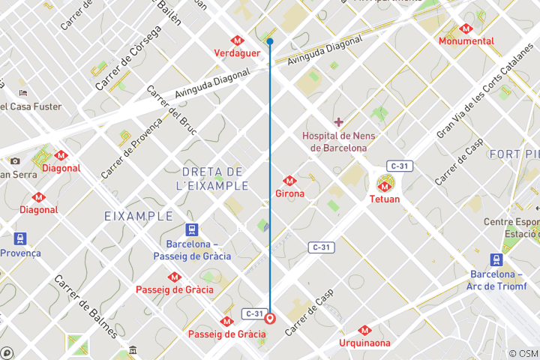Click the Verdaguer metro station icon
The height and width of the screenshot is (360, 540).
click(237, 40)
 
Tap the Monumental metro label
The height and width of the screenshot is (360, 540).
click(466, 41)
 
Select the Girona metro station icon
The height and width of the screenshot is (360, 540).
click(289, 181)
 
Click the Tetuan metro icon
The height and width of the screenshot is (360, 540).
click(385, 184)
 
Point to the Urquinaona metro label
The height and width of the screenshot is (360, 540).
click(364, 343)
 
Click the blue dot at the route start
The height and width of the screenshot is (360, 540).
click(270, 41)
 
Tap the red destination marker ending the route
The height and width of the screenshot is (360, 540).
click(270, 318)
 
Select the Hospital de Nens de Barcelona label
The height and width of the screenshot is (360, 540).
click(339, 142)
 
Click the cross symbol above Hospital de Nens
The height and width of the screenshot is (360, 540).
click(339, 121)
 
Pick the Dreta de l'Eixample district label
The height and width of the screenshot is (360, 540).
click(211, 178)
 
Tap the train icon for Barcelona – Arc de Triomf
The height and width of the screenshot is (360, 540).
click(496, 259)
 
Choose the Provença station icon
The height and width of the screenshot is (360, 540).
click(20, 239)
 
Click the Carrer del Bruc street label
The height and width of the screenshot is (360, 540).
click(172, 110)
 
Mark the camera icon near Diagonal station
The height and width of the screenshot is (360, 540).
click(15, 160)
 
